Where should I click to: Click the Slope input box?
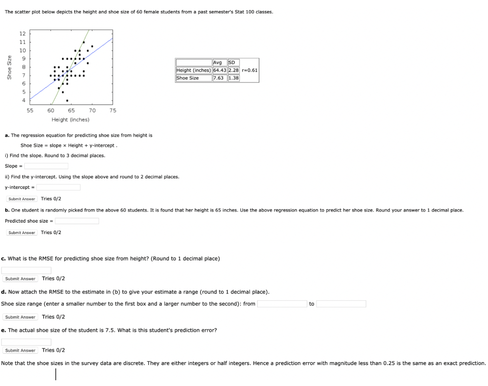pos(46,166)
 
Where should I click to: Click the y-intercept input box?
pos(58,187)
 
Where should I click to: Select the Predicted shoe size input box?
pos(77,221)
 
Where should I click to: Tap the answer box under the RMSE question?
pos(26,270)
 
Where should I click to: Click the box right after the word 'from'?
pos(282,304)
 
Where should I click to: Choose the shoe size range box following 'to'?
pos(341,304)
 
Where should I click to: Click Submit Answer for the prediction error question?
pos(20,350)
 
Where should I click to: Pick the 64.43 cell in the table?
pos(219,70)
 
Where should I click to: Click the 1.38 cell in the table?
pos(234,78)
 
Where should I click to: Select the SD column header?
pos(232,62)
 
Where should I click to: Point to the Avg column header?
pos(218,62)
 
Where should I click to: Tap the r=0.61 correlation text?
pos(250,70)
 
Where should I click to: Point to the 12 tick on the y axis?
pos(22,34)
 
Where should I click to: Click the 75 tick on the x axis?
pos(112,110)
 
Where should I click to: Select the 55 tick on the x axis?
pos(30,110)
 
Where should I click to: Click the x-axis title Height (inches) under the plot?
pos(71,120)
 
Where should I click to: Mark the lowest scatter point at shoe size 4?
pos(67,101)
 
